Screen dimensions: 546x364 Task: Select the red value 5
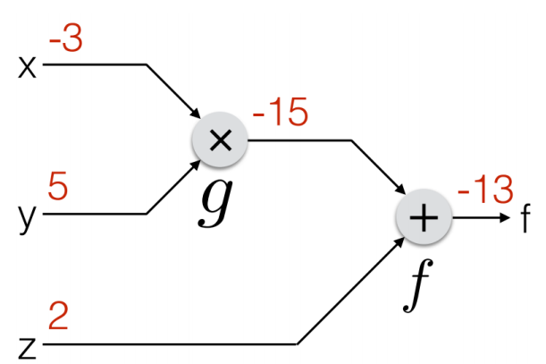coord(57,190)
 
